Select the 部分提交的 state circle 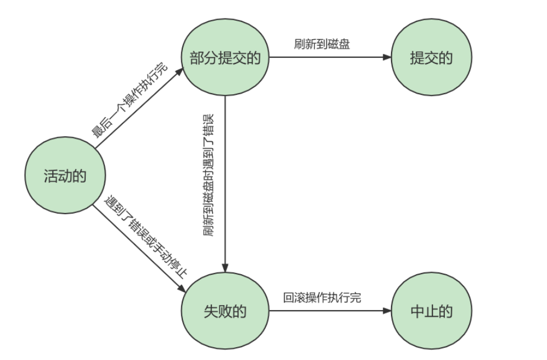pos(225,58)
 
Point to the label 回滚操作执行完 pos(322,298)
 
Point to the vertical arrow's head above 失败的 pos(225,267)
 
